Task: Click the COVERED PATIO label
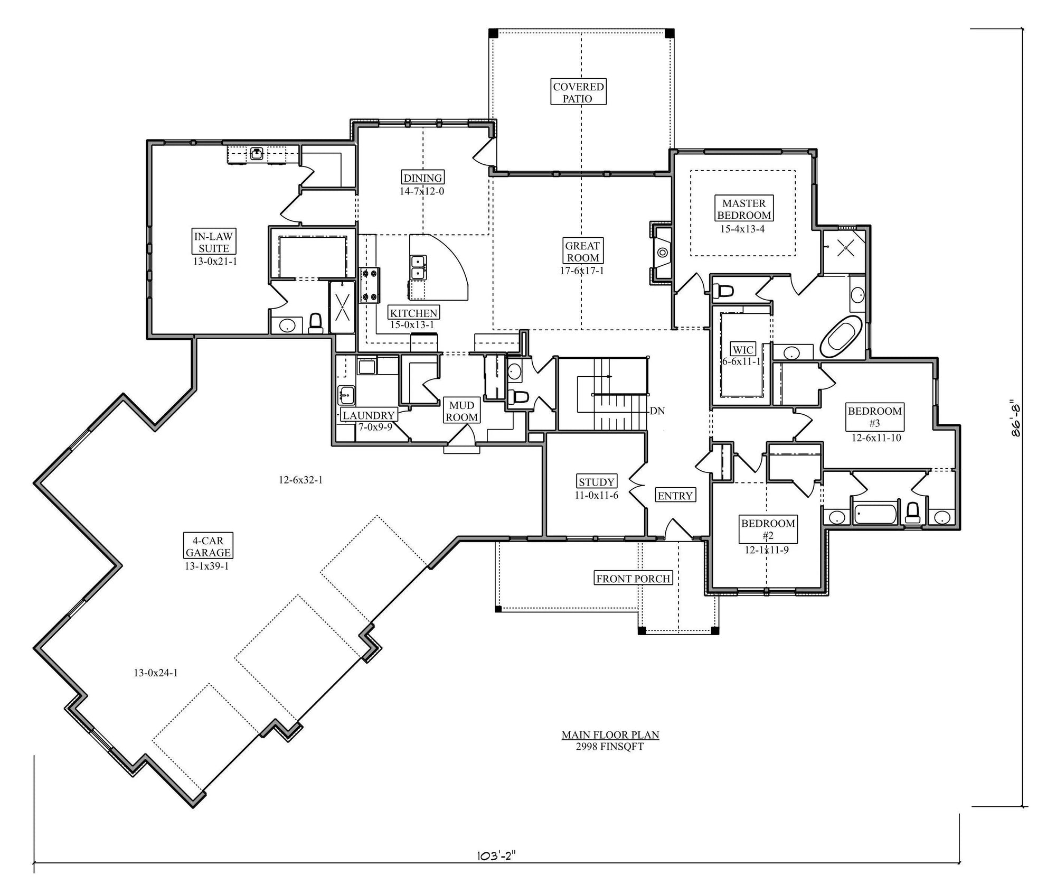[578, 92]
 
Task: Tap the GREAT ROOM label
[582, 252]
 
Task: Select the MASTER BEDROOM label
[744, 209]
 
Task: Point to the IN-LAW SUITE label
[213, 242]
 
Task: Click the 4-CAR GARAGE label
[208, 546]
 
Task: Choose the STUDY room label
[596, 482]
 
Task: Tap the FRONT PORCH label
[633, 579]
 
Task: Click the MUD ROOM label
[461, 411]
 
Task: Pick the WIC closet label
[743, 350]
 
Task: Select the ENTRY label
[675, 496]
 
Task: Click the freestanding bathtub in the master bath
[841, 337]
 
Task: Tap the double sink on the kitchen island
[419, 267]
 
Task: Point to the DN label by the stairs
[657, 411]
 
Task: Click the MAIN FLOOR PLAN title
[610, 735]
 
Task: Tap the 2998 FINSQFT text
[610, 747]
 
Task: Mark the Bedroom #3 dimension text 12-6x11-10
[876, 438]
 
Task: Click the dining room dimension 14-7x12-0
[422, 191]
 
